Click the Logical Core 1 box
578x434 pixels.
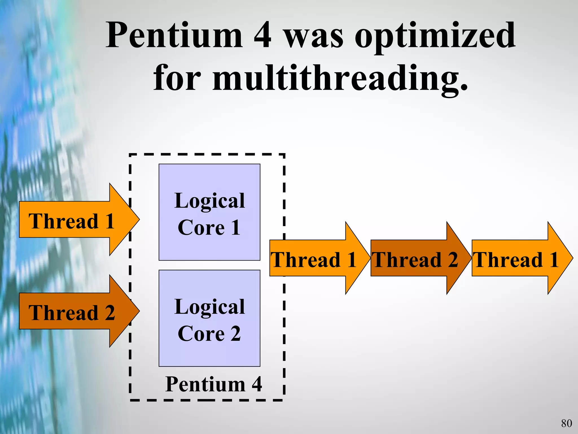[209, 212]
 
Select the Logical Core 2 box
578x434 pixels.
[209, 318]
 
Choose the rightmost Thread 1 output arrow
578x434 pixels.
[516, 258]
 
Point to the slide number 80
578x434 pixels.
[566, 423]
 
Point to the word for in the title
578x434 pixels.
[177, 78]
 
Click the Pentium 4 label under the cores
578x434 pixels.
[213, 384]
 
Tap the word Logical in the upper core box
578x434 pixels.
[209, 200]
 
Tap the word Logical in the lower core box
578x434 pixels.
[209, 307]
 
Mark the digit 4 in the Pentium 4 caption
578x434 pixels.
[257, 384]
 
